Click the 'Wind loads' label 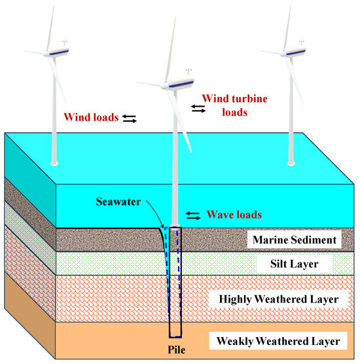click(91, 118)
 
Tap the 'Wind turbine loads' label click(225, 105)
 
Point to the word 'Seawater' click(132, 201)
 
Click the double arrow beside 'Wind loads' click(130, 118)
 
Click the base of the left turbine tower click(54, 162)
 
